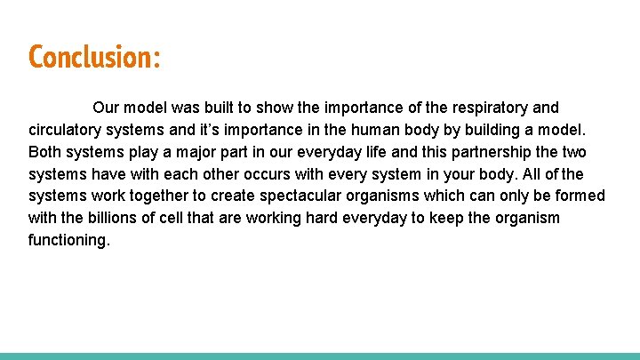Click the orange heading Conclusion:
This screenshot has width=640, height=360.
94,57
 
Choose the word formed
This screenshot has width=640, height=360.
579,196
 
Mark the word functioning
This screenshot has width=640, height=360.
69,240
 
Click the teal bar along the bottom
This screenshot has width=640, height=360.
320,356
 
